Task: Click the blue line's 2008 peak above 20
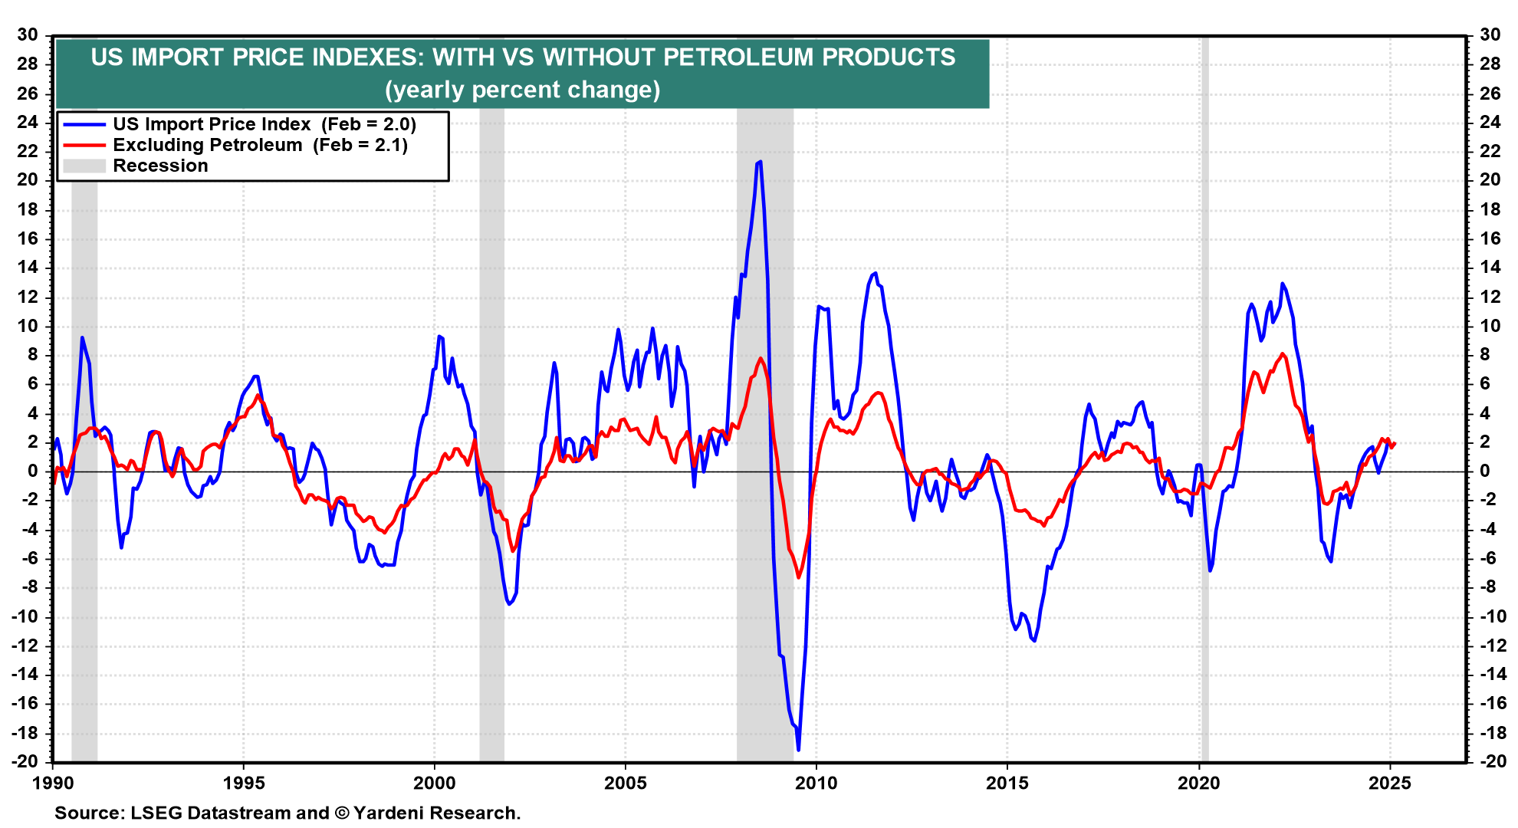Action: pos(759,162)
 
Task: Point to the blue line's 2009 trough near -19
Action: pos(798,749)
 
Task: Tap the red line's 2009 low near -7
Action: pos(798,577)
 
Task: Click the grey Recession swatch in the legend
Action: pos(84,166)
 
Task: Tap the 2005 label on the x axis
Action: pos(625,783)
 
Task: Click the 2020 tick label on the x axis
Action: pos(1198,783)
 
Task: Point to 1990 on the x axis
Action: pos(53,783)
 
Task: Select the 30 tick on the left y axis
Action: pos(28,34)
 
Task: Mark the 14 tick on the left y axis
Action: pos(28,268)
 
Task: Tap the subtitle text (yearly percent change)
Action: pos(522,90)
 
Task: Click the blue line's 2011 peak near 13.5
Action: pos(875,273)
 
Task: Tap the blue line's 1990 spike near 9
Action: pos(82,337)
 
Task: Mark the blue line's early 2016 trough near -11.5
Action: pos(1034,640)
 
